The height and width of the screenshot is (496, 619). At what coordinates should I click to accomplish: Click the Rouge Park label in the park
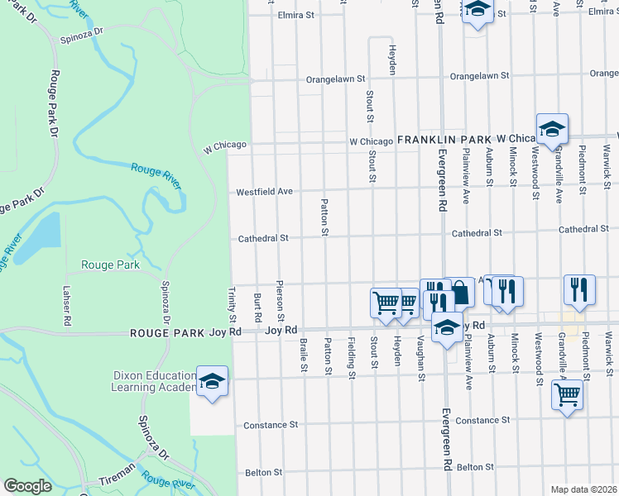(109, 265)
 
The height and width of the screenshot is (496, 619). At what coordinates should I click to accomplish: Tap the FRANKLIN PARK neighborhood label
(444, 141)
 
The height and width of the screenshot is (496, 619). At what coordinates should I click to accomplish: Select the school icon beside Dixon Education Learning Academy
(213, 382)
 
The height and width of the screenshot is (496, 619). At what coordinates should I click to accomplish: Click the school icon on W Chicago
(552, 130)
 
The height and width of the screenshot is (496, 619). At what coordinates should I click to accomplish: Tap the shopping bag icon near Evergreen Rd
(459, 293)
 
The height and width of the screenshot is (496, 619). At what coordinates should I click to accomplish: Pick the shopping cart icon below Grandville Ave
(567, 394)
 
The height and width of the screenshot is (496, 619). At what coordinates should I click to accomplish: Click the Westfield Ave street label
(265, 192)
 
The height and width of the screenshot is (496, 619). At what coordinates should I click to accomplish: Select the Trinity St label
(233, 305)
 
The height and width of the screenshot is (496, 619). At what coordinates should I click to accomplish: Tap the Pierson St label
(281, 304)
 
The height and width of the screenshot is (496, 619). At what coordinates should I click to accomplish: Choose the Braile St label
(305, 355)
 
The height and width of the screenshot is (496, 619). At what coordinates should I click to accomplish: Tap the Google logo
(27, 486)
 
